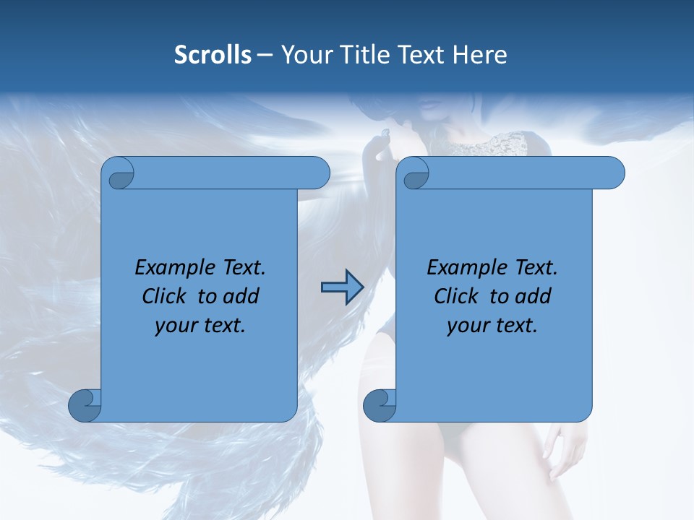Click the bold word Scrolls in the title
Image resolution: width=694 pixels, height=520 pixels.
coord(213,55)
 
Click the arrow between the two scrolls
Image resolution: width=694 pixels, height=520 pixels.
coord(342,287)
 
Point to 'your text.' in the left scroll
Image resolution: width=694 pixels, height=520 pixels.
coord(200,326)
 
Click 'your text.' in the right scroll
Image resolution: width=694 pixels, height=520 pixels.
coord(492,326)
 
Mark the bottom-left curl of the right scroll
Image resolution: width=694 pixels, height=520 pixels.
coord(380,404)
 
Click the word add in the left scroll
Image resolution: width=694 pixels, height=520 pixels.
coord(242,296)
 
